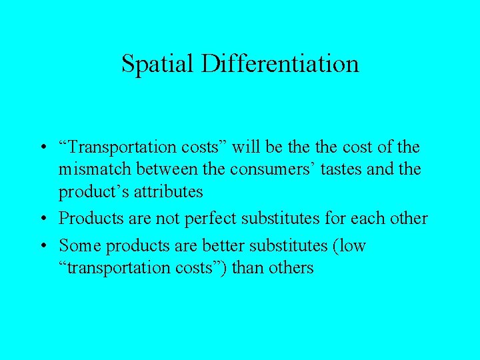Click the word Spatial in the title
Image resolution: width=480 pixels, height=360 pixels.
pos(157,64)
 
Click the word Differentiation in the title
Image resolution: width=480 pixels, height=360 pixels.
pos(280,64)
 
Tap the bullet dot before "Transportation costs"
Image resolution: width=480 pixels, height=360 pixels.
pos(41,147)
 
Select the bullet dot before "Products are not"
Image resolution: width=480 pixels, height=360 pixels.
pos(41,219)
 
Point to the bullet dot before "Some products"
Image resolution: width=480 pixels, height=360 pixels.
pos(41,246)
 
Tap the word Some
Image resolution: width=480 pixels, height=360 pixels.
pos(80,246)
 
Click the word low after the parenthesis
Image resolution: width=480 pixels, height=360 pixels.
pos(351,246)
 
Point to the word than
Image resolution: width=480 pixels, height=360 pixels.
pos(245,268)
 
